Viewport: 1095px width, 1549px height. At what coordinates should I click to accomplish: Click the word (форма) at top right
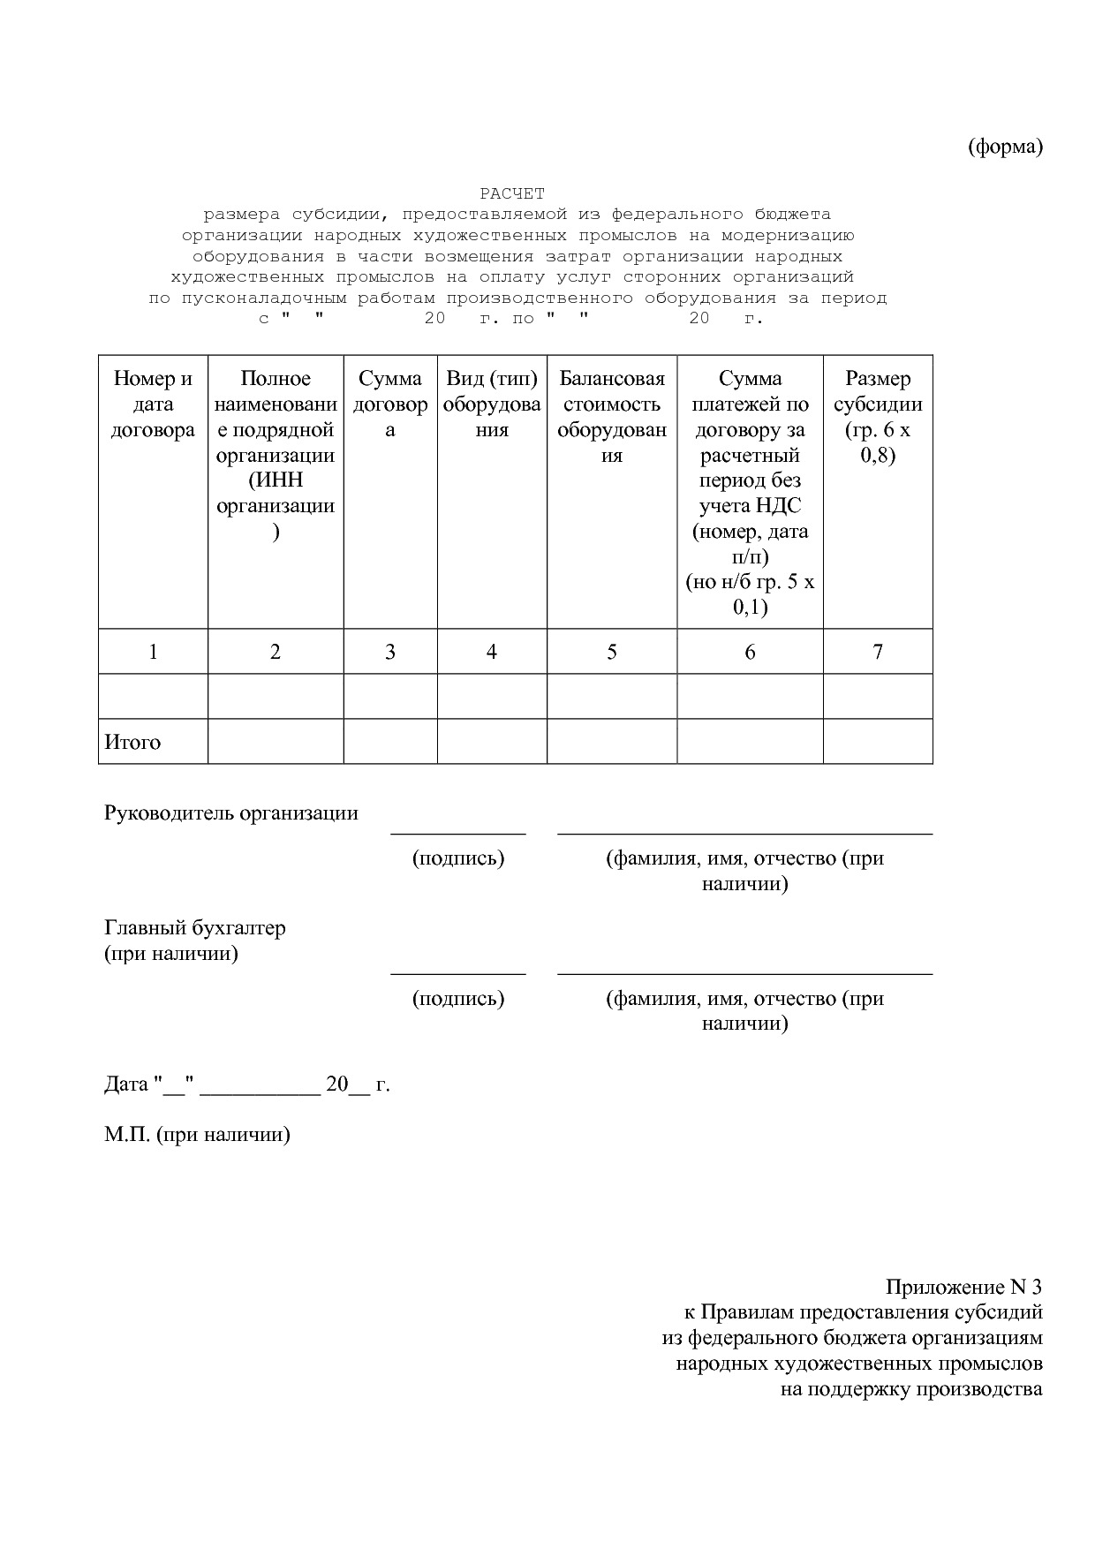[x=1005, y=147]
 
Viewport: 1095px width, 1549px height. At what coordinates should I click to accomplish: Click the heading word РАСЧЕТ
[x=512, y=193]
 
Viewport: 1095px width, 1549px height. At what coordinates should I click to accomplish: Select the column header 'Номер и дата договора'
[x=153, y=404]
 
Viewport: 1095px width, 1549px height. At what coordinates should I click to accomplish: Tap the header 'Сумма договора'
[x=390, y=404]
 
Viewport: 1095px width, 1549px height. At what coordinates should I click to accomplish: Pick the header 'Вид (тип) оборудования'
[x=492, y=404]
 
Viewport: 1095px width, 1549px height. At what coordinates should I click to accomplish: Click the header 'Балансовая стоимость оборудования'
[x=612, y=417]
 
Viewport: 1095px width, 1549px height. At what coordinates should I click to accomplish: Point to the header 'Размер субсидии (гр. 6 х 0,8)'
[x=878, y=417]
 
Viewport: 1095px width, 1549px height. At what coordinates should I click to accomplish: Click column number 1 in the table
[x=153, y=652]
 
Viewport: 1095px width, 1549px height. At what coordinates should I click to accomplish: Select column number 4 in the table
[x=492, y=652]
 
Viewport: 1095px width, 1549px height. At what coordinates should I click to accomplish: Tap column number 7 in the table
[x=878, y=652]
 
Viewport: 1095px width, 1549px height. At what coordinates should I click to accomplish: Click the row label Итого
[x=132, y=742]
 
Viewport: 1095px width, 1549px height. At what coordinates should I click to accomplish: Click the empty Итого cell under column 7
[x=878, y=742]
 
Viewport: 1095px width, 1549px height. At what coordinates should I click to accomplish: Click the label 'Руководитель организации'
[x=231, y=813]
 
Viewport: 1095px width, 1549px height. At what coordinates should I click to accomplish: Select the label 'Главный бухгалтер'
[x=195, y=928]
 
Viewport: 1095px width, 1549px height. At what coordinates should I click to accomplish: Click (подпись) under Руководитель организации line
[x=458, y=858]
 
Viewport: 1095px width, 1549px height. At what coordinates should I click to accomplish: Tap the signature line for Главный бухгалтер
[x=458, y=973]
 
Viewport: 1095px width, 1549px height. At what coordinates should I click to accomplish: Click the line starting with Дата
[x=247, y=1084]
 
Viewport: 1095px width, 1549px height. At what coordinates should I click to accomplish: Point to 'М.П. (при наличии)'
[x=197, y=1135]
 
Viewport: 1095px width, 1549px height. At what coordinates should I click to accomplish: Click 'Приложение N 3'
[x=964, y=1287]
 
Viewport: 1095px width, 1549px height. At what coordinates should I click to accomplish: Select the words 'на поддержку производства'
[x=911, y=1389]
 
